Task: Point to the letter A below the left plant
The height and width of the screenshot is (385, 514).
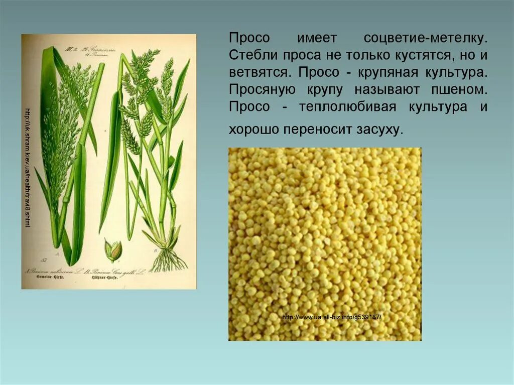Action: point(57,254)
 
